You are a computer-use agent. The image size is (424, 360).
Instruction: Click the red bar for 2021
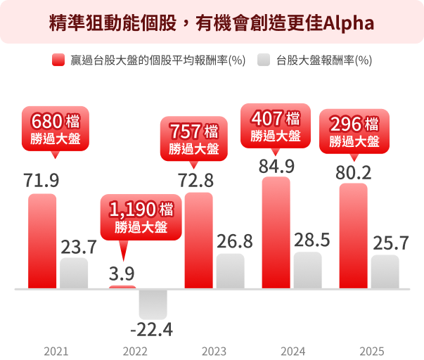click(x=42, y=240)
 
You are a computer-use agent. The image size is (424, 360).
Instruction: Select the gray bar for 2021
click(x=74, y=273)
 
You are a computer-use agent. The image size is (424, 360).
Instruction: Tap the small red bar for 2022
click(x=122, y=287)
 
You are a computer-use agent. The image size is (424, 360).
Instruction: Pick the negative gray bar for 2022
click(x=153, y=303)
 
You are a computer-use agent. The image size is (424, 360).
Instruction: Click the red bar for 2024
click(x=276, y=233)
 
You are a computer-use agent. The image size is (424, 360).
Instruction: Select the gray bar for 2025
click(x=385, y=271)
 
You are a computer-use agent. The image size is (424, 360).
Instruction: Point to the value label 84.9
click(x=276, y=167)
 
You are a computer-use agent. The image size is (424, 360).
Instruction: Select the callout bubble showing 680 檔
click(x=56, y=128)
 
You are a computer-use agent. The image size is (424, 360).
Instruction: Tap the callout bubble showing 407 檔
click(x=275, y=125)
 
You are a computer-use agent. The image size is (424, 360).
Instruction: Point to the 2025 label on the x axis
click(x=371, y=350)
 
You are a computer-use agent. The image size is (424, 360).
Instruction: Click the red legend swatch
click(x=58, y=60)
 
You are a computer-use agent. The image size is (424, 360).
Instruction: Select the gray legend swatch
click(x=264, y=60)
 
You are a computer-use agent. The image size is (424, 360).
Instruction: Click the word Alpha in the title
click(x=349, y=22)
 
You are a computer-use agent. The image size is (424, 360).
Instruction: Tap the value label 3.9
click(x=122, y=273)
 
